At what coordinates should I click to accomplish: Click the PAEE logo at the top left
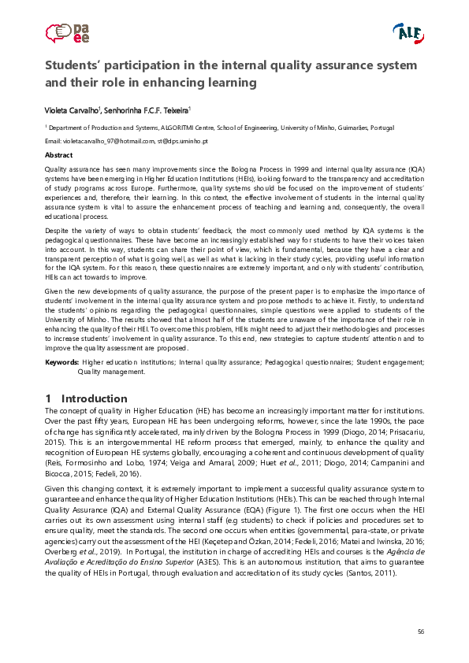tap(67, 32)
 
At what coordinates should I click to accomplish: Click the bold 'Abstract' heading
tap(58, 155)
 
